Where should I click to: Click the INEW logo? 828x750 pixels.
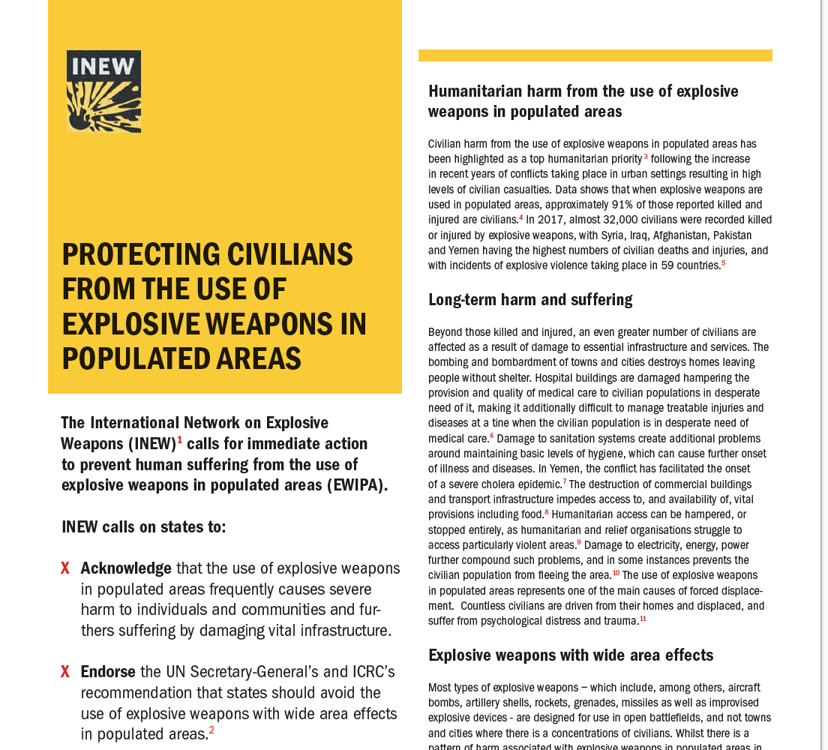click(x=103, y=91)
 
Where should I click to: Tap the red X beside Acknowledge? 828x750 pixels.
click(x=65, y=568)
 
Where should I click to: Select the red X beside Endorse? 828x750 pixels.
click(x=65, y=672)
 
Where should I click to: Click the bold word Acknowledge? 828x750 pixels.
click(x=125, y=568)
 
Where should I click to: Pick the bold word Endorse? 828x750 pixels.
click(x=108, y=672)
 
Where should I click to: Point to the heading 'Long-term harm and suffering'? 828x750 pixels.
click(x=529, y=300)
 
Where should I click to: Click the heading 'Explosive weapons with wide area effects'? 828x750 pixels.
click(x=570, y=655)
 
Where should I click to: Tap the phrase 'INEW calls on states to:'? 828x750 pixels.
click(x=143, y=526)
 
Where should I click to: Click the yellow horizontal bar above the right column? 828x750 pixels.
click(x=595, y=55)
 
